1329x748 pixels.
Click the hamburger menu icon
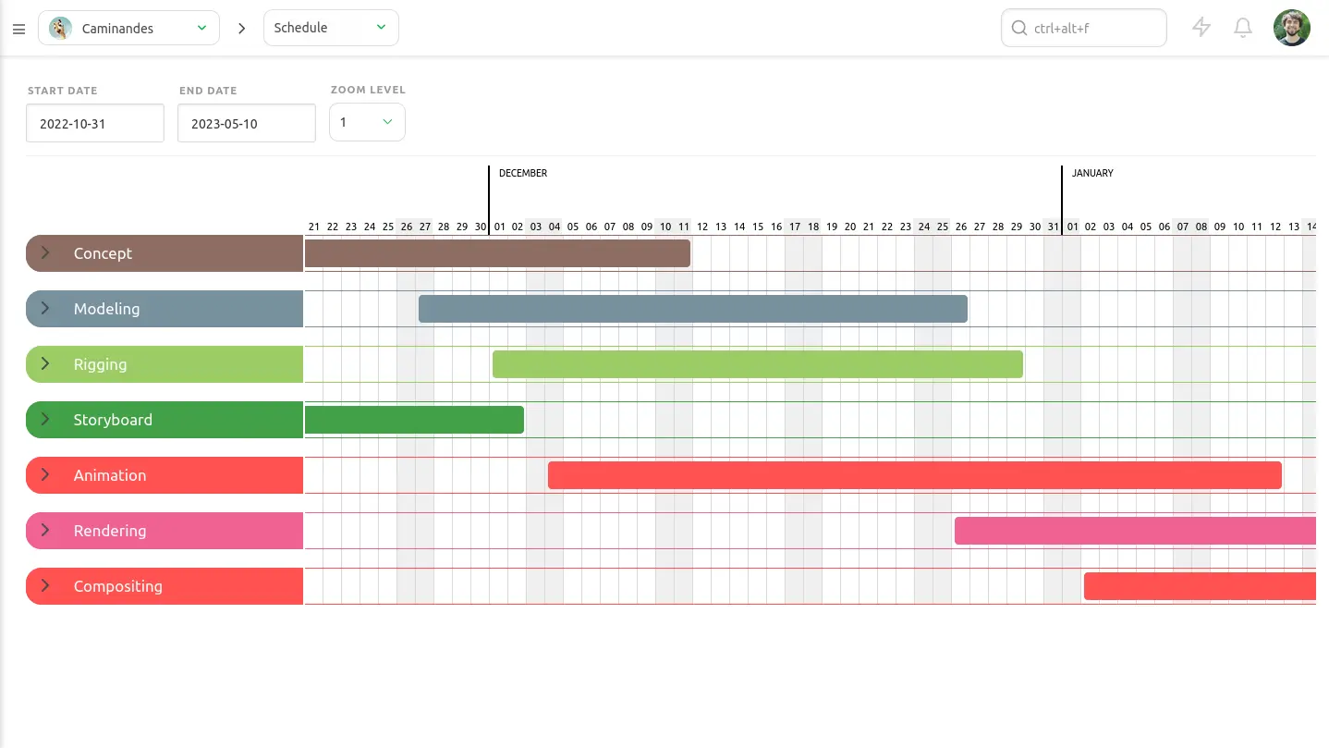(x=18, y=29)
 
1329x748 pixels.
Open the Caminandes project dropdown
(x=128, y=28)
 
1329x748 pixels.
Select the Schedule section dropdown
(x=331, y=28)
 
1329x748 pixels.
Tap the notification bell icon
(x=1243, y=28)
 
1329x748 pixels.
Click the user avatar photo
(x=1291, y=28)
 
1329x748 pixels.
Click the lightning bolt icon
(x=1201, y=28)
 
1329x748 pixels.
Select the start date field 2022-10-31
(x=95, y=123)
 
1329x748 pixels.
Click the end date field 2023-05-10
(x=247, y=123)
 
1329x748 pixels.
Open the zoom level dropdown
(x=367, y=122)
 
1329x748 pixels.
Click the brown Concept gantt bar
(x=497, y=253)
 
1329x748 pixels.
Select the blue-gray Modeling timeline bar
(x=693, y=309)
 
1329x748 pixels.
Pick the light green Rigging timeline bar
(x=758, y=364)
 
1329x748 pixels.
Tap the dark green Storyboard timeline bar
(x=414, y=420)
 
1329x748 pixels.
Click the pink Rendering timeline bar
(x=1135, y=531)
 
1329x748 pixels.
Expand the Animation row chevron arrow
(x=45, y=475)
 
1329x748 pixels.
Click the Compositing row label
(x=117, y=586)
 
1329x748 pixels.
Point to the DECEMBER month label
(x=523, y=173)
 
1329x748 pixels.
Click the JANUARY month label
(x=1092, y=173)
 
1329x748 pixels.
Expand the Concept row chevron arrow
(x=45, y=253)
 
